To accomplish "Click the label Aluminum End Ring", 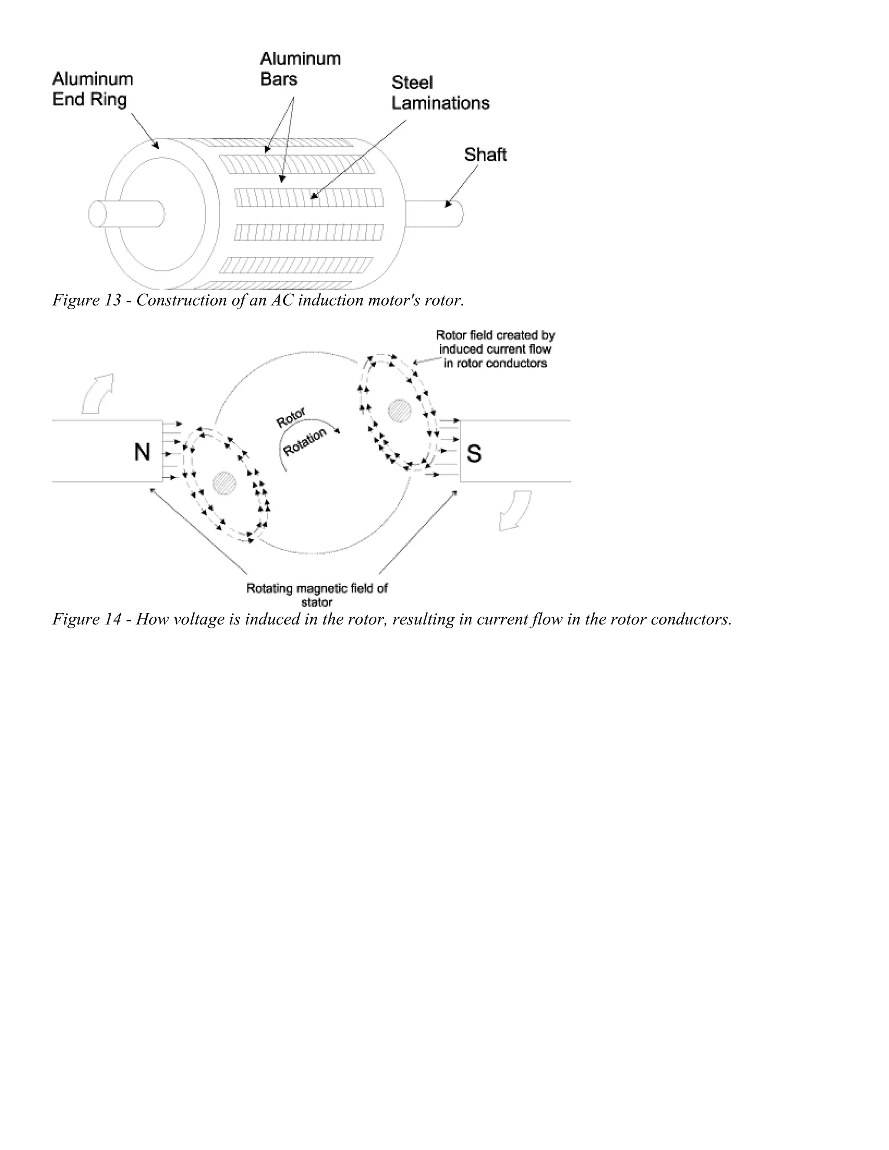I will [92, 89].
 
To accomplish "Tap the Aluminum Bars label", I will [300, 69].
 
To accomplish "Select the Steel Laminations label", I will [440, 93].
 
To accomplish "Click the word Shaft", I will [484, 154].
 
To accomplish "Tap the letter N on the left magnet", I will [142, 452].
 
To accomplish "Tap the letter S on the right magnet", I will [474, 453].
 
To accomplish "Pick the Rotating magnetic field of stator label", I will [316, 595].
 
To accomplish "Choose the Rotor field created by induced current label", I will [495, 348].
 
